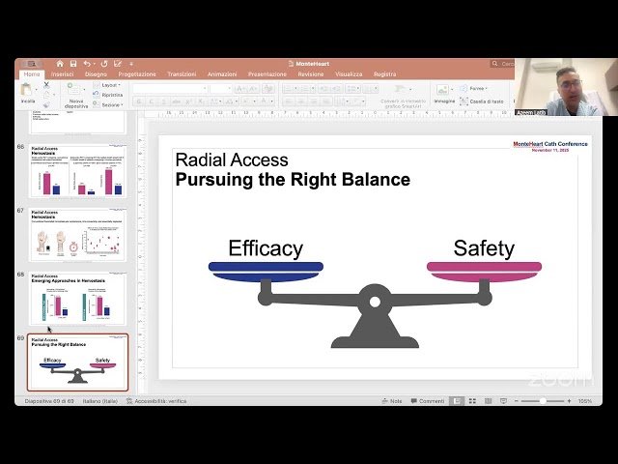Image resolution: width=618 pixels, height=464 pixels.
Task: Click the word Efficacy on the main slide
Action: click(x=266, y=248)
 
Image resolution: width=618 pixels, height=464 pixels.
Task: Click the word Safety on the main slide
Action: click(x=484, y=248)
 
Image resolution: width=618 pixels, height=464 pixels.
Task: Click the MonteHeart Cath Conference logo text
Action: click(x=549, y=144)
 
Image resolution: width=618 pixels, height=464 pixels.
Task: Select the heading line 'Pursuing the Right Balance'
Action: click(x=292, y=180)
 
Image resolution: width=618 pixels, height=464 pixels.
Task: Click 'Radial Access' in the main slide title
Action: click(x=232, y=160)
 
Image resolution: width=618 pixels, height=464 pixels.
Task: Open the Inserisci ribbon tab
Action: click(x=63, y=73)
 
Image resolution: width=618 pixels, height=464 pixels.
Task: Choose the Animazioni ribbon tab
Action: click(x=222, y=73)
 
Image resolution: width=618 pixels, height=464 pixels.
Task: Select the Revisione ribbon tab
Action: click(x=311, y=73)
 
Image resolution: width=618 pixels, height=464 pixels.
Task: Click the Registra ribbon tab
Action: click(x=384, y=73)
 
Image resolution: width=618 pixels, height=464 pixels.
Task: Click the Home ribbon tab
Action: click(x=32, y=73)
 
